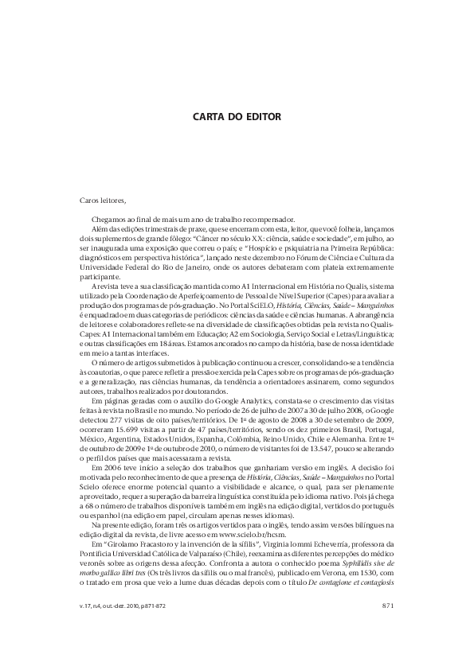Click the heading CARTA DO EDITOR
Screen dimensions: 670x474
click(237, 116)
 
